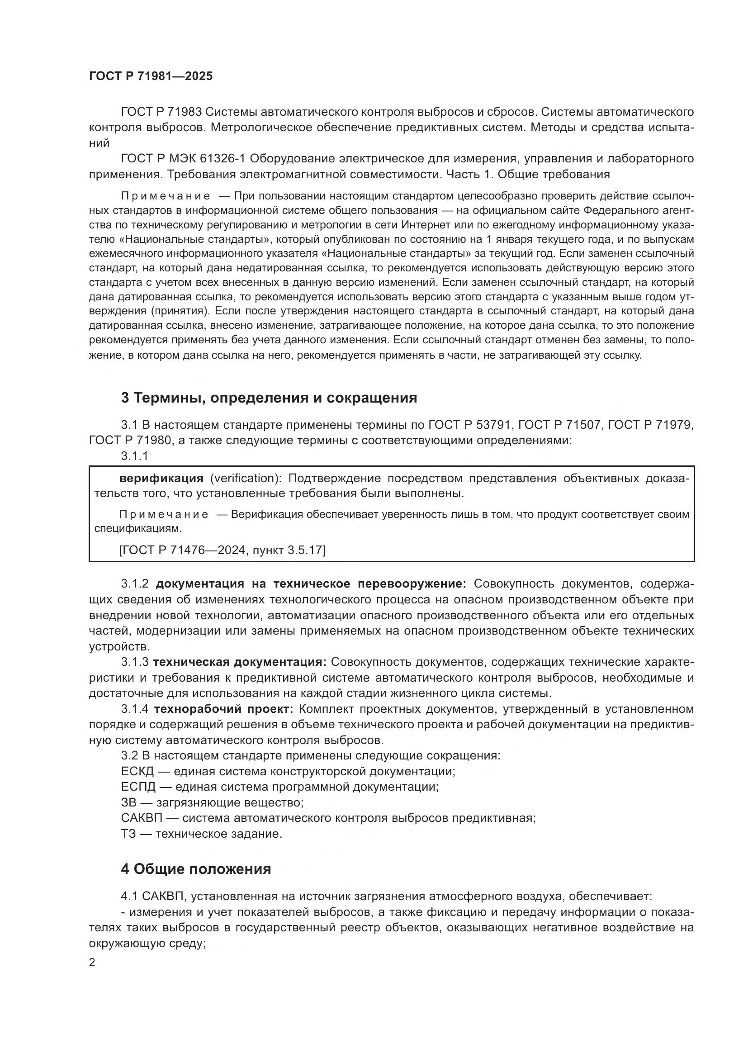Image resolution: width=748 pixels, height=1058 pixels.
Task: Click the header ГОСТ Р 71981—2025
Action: [151, 76]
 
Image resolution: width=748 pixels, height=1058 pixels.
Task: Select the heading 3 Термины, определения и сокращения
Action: [269, 398]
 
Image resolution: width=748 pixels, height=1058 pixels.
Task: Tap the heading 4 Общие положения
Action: [196, 869]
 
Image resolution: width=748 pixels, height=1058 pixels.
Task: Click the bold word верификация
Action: [161, 478]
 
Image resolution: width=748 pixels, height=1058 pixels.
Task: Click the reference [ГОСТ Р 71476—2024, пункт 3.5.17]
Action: [222, 550]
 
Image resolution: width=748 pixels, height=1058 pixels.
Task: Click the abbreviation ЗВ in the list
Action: [128, 802]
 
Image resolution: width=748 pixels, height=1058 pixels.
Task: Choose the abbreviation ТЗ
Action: [128, 834]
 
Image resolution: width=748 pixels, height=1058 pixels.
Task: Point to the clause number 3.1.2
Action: [134, 584]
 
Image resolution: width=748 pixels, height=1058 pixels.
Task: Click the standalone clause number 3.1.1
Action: [134, 456]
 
